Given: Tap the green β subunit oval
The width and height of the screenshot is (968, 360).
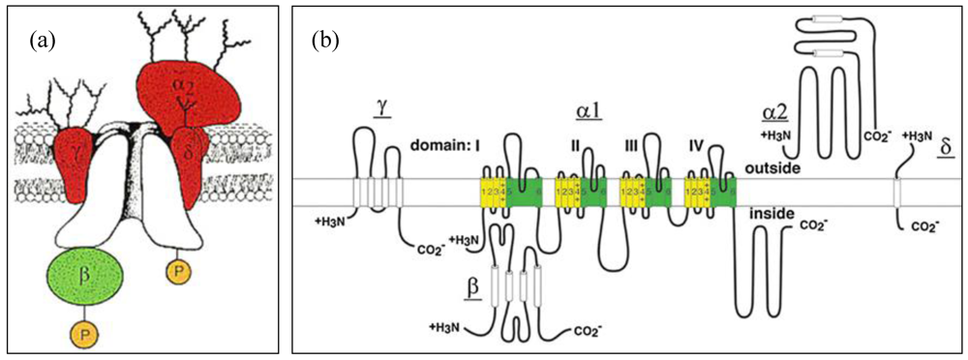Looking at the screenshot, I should coord(85,276).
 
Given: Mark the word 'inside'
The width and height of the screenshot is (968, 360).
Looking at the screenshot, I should coord(771,212).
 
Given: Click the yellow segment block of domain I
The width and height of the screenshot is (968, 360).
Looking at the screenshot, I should coord(494,192).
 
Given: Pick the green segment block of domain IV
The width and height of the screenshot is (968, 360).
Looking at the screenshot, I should coord(722,192).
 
